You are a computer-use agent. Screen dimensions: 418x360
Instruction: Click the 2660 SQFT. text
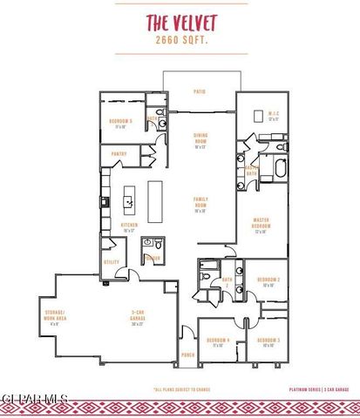[x=180, y=40]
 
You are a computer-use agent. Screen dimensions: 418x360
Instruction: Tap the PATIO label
[x=199, y=91]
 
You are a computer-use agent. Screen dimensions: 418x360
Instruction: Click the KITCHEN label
[x=129, y=228]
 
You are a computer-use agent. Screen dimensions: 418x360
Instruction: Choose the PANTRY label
[x=119, y=154]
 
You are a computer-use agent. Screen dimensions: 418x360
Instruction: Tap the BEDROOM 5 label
[x=119, y=122]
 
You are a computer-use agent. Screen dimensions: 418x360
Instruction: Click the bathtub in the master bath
[x=280, y=168]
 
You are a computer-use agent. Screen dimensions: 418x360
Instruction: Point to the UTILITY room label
[x=112, y=262]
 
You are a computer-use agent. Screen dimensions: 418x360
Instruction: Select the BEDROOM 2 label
[x=266, y=281]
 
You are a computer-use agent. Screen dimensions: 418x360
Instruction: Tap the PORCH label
[x=187, y=355]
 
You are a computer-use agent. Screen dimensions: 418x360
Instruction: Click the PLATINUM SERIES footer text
[x=306, y=389]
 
